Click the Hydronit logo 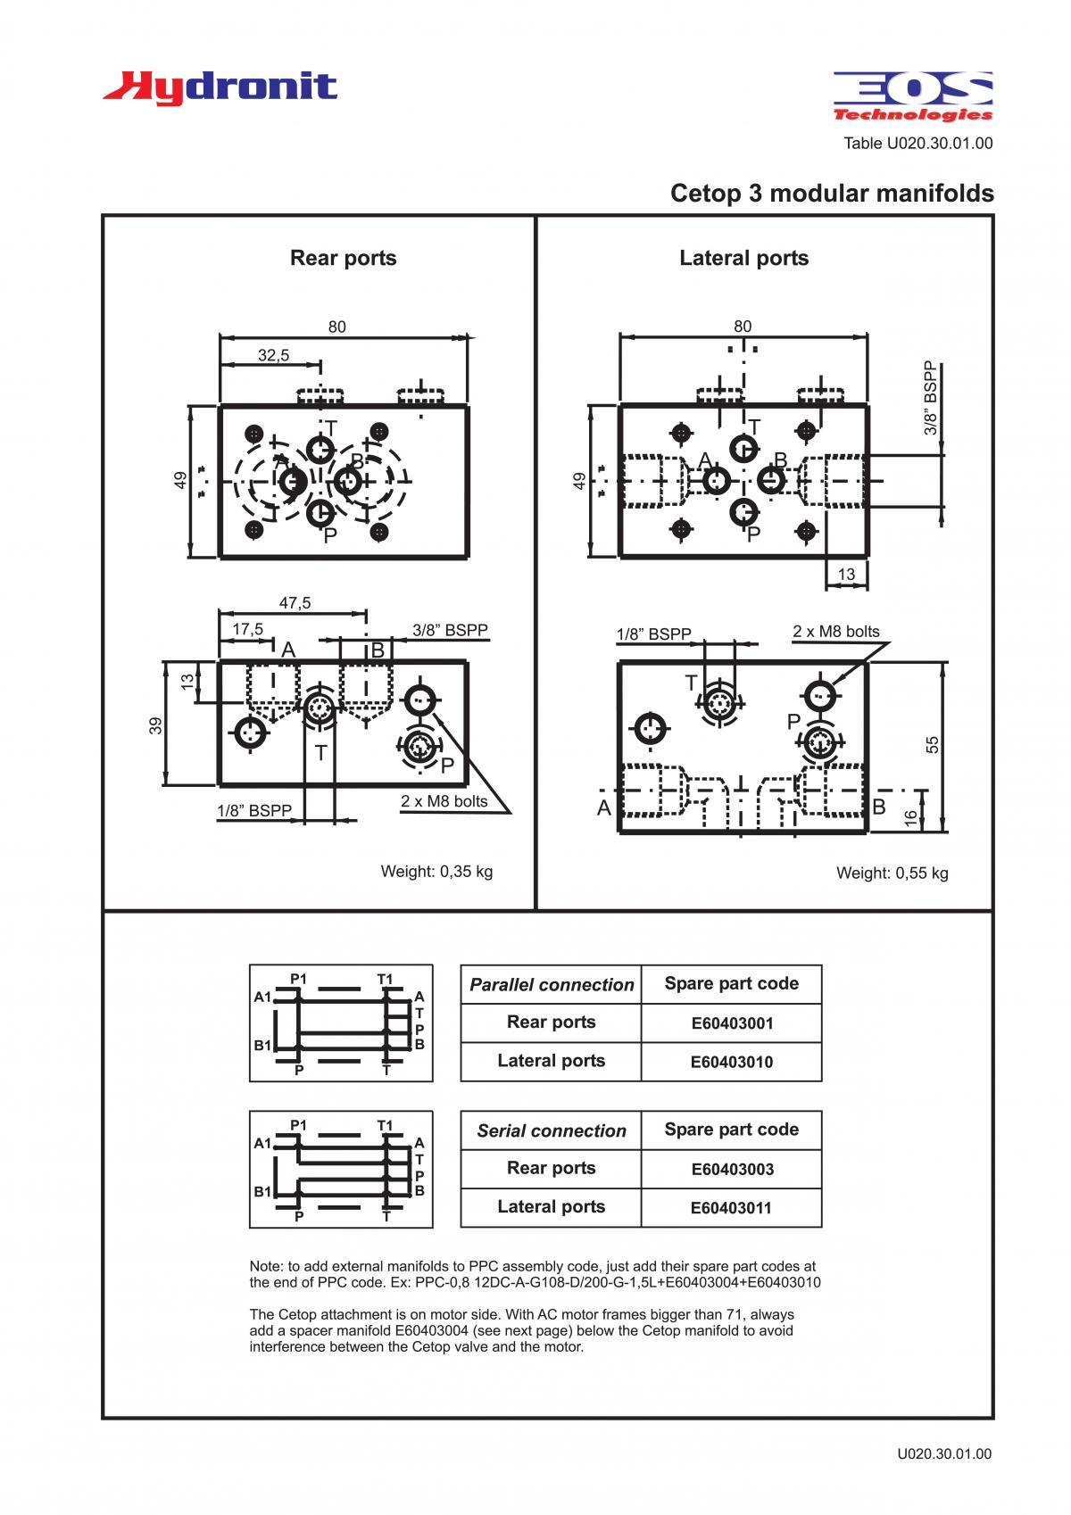(220, 88)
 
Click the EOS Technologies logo (913, 96)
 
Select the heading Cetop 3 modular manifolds (832, 194)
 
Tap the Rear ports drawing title (343, 258)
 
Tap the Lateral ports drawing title (743, 258)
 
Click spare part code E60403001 (731, 1023)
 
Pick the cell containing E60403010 (731, 1062)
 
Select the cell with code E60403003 (731, 1170)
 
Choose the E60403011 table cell (731, 1208)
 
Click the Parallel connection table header (552, 985)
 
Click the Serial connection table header (552, 1130)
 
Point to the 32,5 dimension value (273, 355)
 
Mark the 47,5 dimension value (295, 602)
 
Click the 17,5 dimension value (247, 629)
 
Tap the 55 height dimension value (933, 745)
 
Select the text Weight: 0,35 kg (436, 871)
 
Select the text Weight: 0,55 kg (892, 873)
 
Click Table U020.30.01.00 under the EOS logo (918, 144)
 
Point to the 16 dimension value (911, 817)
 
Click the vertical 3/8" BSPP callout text (931, 398)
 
